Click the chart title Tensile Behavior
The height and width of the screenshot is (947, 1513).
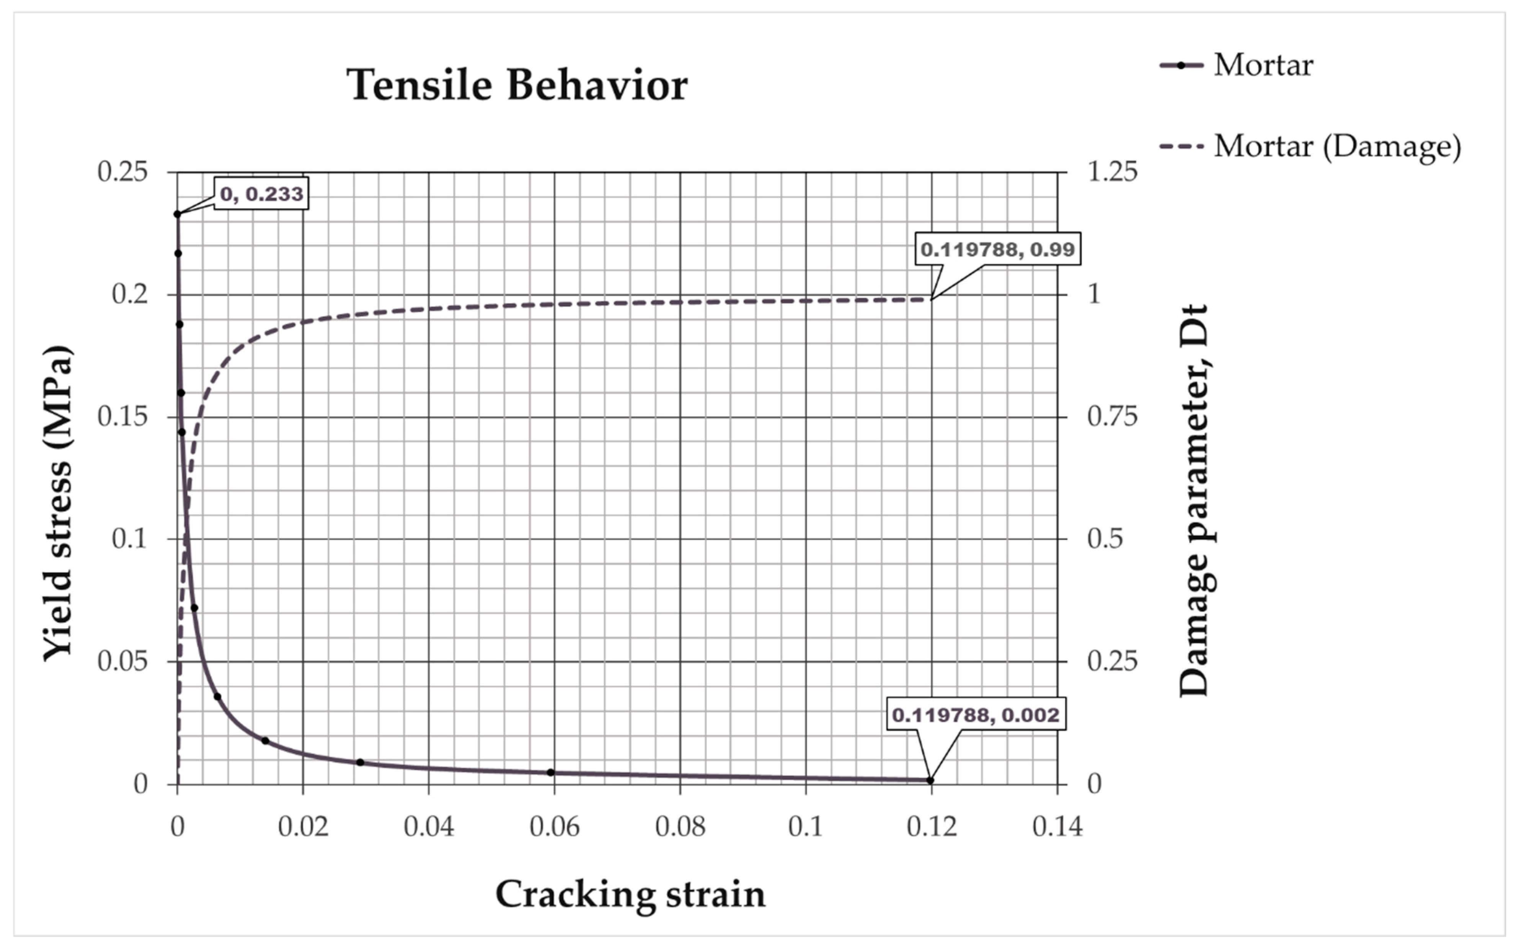coord(517,85)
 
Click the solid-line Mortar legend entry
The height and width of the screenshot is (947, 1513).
coord(1236,65)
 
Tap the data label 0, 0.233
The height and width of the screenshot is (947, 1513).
coord(262,194)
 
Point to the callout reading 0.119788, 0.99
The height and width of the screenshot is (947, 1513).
coord(997,249)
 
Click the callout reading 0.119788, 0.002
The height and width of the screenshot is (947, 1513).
coord(976,715)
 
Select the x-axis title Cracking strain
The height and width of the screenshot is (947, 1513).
coord(630,895)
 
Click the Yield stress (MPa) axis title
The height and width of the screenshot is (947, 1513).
coord(58,502)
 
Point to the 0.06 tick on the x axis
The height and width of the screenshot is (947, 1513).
coord(554,827)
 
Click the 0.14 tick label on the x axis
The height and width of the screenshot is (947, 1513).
coord(1057,827)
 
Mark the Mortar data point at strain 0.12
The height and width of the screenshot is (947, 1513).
coord(930,780)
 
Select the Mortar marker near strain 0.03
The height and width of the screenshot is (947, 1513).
coord(360,762)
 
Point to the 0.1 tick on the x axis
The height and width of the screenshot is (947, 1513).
coord(805,827)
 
